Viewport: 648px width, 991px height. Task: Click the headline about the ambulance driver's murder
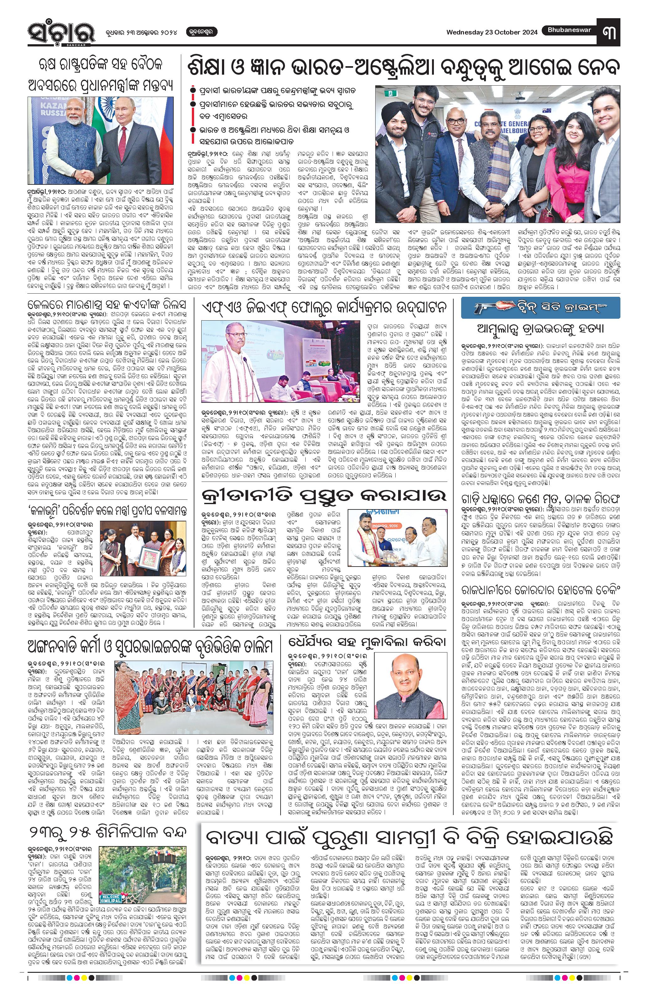point(540,329)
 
